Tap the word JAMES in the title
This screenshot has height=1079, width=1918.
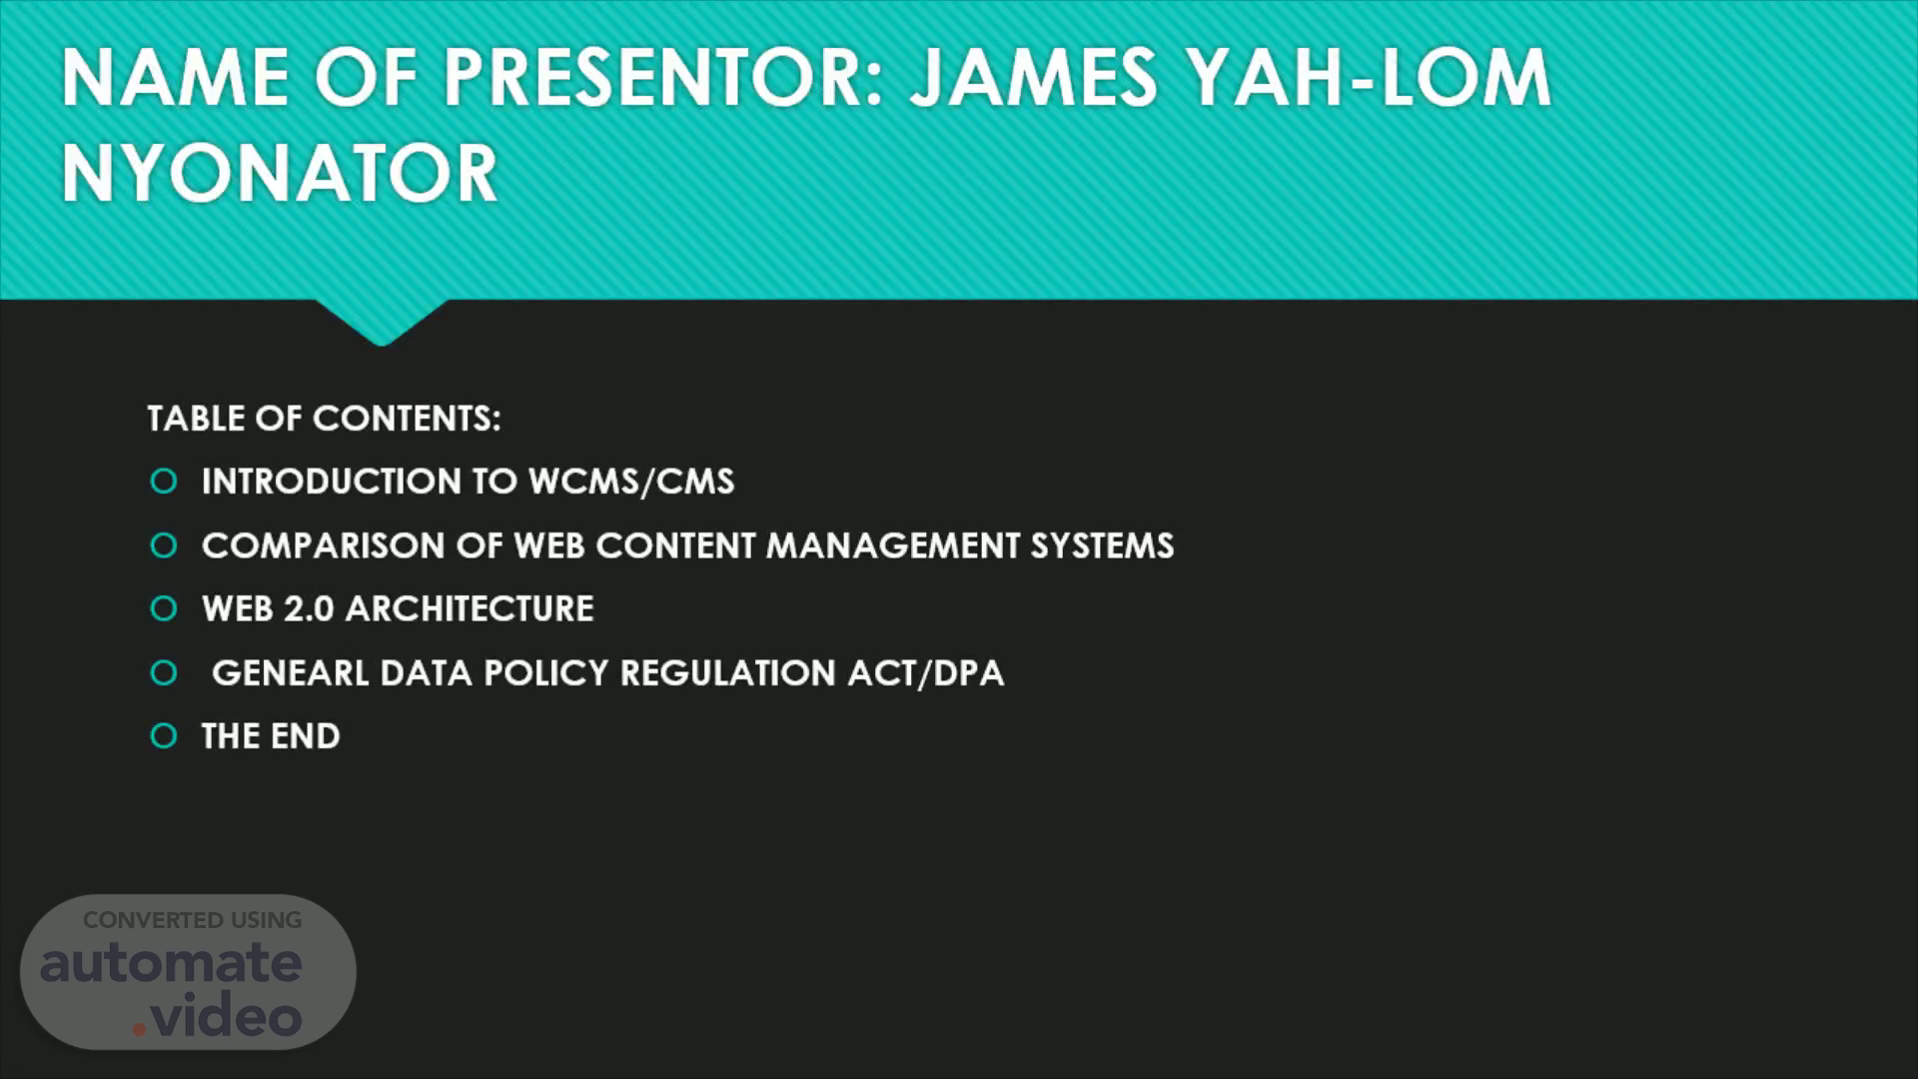coord(1033,78)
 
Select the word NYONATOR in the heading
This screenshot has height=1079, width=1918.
coord(280,173)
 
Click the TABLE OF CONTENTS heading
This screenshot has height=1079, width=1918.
coord(324,418)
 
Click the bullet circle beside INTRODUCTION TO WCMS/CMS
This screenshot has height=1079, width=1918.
coord(164,482)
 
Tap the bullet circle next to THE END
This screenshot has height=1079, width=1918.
coord(164,736)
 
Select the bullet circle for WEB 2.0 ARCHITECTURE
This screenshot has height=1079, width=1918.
coord(164,608)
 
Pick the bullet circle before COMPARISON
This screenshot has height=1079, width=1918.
coord(164,545)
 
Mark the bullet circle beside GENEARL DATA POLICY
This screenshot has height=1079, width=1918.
coord(164,672)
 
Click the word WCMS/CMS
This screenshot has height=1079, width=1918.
coord(631,482)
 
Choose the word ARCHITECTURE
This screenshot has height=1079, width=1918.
coord(470,608)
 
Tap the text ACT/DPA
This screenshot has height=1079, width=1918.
coord(926,672)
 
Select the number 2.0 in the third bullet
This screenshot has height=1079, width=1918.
coord(309,608)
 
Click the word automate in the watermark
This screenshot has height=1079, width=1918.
coord(171,963)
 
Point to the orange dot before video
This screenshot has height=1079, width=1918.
coord(140,1028)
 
